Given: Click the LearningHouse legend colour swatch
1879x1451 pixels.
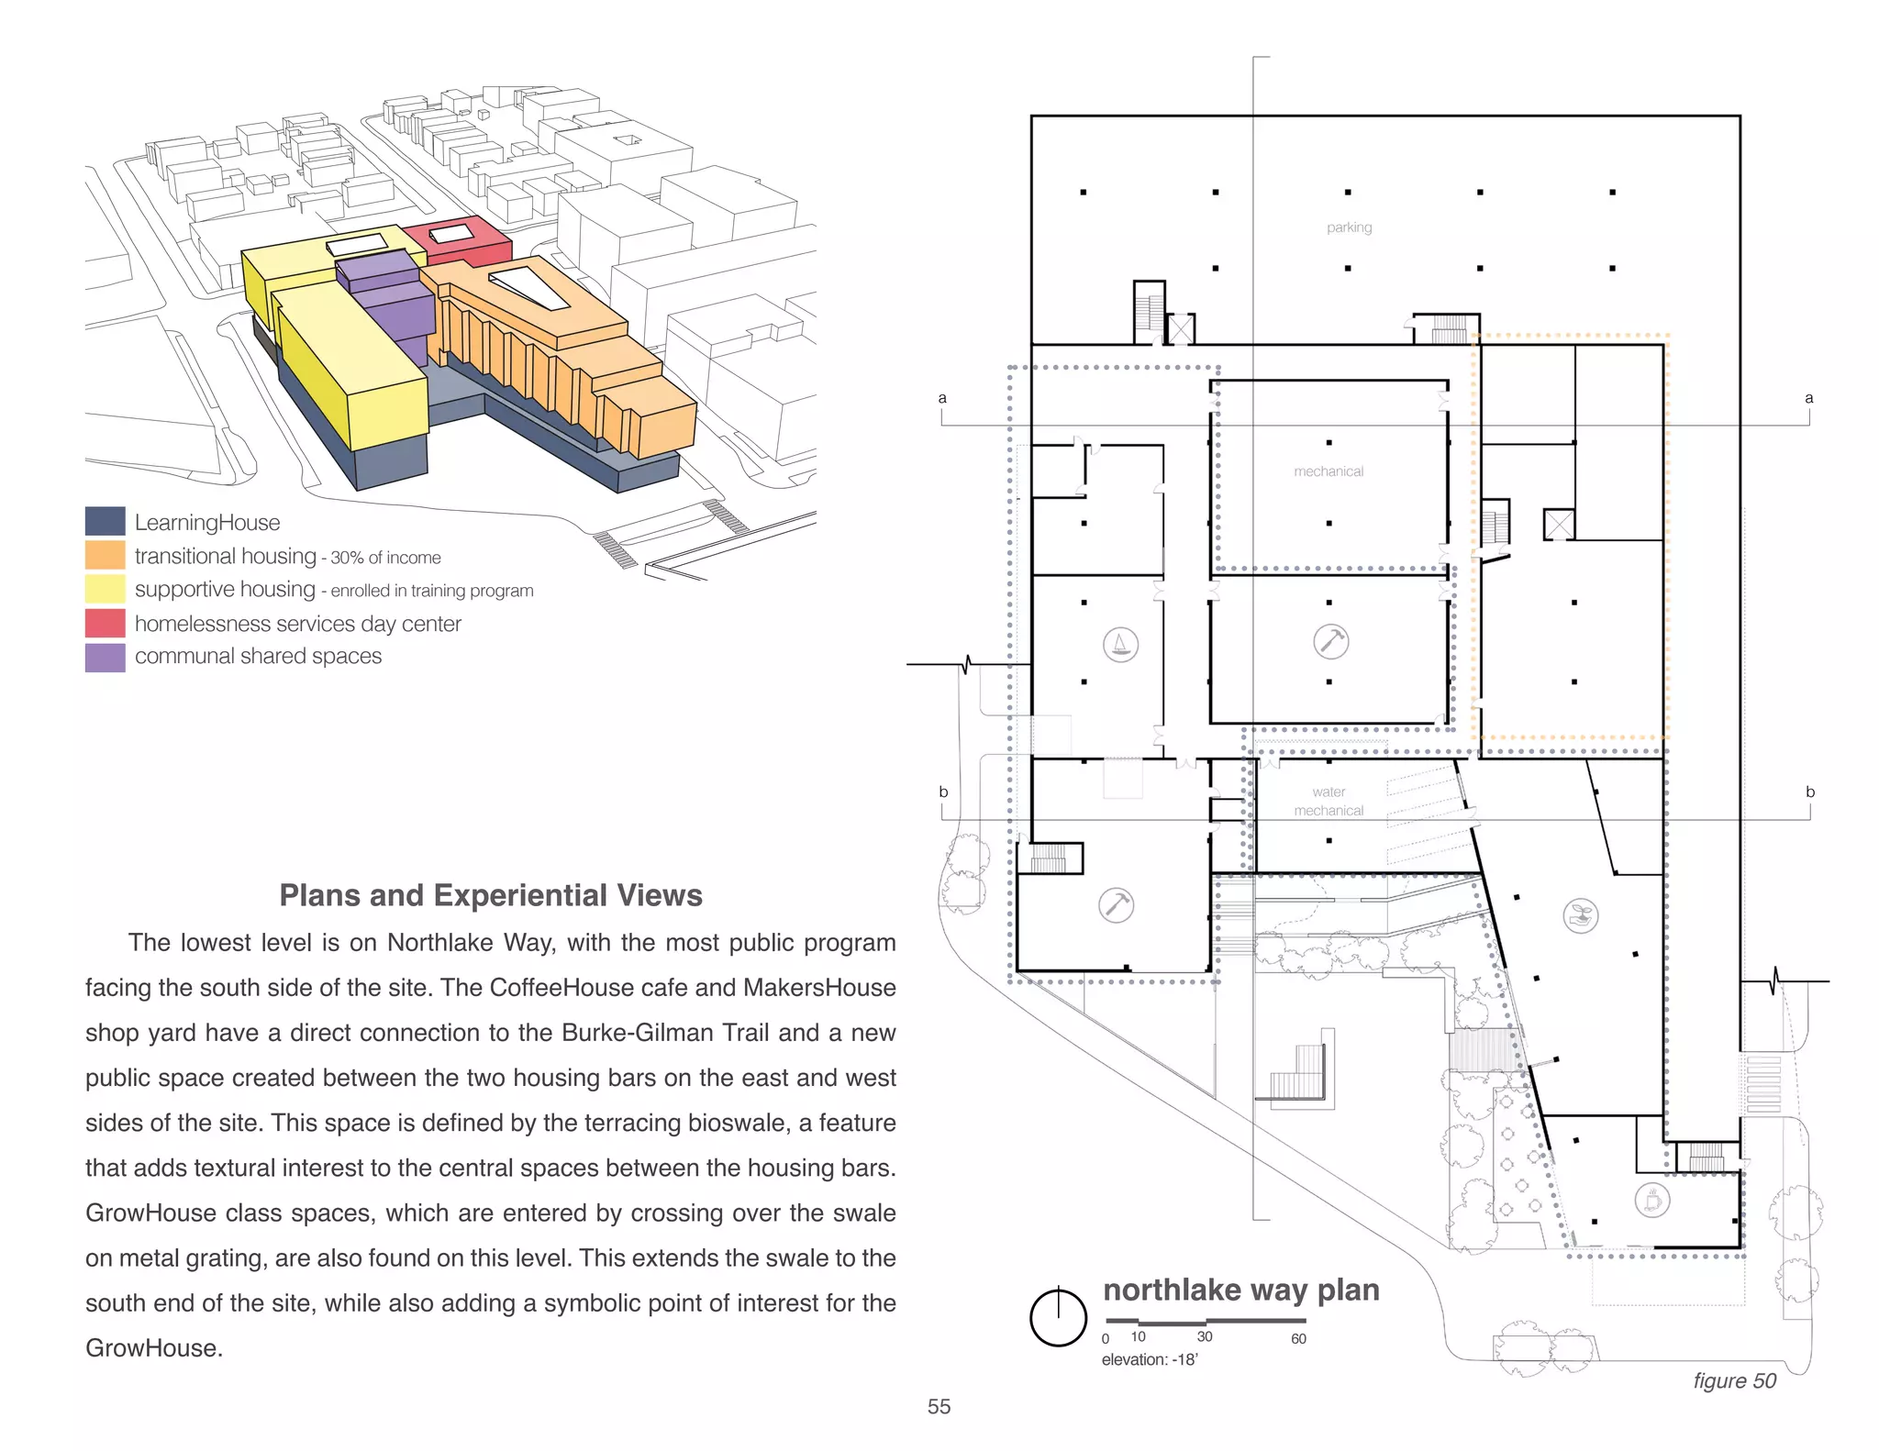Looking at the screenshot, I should pos(105,521).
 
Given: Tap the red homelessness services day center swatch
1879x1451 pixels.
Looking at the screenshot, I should pos(105,623).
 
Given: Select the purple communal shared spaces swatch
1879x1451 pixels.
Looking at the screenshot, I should pos(105,657).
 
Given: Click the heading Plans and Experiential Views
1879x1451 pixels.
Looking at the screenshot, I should pos(491,895).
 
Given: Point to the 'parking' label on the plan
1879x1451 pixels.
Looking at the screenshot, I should pos(1349,227).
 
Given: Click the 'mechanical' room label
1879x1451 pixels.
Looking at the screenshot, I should pos(1329,471).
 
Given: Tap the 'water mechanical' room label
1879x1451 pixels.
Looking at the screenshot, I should pos(1329,801).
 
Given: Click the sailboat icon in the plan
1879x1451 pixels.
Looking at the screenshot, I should pos(1120,645).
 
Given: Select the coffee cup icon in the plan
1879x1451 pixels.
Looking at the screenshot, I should pos(1651,1200).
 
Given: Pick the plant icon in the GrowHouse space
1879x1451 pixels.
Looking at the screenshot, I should pos(1580,915).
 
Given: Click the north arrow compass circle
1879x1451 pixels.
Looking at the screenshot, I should pos(1058,1318).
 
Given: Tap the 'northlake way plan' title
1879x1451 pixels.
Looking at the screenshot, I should pos(1240,1290).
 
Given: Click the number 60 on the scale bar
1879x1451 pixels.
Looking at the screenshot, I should pos(1298,1339).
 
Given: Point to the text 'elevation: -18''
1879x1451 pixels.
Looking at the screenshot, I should pos(1150,1360).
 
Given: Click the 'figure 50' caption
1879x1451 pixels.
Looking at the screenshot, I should pos(1734,1381).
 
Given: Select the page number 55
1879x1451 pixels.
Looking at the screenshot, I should pos(939,1407).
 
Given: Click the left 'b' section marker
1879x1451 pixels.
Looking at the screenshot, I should pos(943,792).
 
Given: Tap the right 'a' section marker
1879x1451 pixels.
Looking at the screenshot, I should pos(1808,398).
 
